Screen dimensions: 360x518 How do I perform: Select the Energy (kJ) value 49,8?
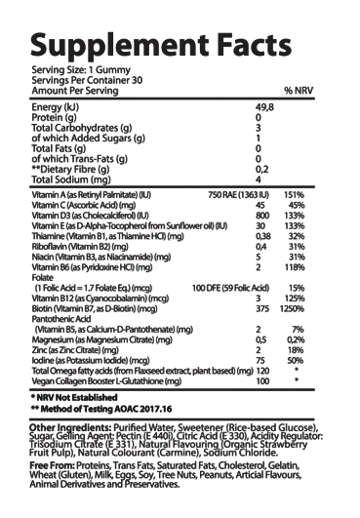[260, 107]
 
